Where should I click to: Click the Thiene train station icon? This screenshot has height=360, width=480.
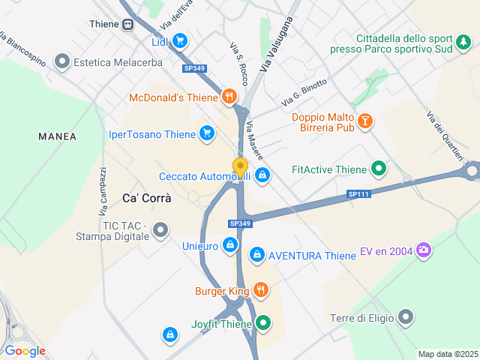127,24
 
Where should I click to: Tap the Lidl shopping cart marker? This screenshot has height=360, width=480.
180,42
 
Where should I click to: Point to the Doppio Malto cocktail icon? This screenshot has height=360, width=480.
364,120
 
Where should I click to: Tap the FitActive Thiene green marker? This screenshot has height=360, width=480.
379,169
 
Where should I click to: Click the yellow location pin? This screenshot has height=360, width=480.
240,167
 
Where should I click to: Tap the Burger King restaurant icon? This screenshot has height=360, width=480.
260,290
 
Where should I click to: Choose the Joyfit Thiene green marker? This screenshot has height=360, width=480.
262,324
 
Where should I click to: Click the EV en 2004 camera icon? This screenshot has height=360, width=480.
424,250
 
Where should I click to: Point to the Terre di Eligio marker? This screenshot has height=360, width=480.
406,318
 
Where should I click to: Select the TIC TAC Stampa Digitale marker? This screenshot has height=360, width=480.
160,230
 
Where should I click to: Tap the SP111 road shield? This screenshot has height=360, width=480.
359,194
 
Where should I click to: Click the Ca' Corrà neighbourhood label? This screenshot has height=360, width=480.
146,199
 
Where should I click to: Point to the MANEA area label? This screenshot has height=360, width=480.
58,136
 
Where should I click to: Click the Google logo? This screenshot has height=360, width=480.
25,350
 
